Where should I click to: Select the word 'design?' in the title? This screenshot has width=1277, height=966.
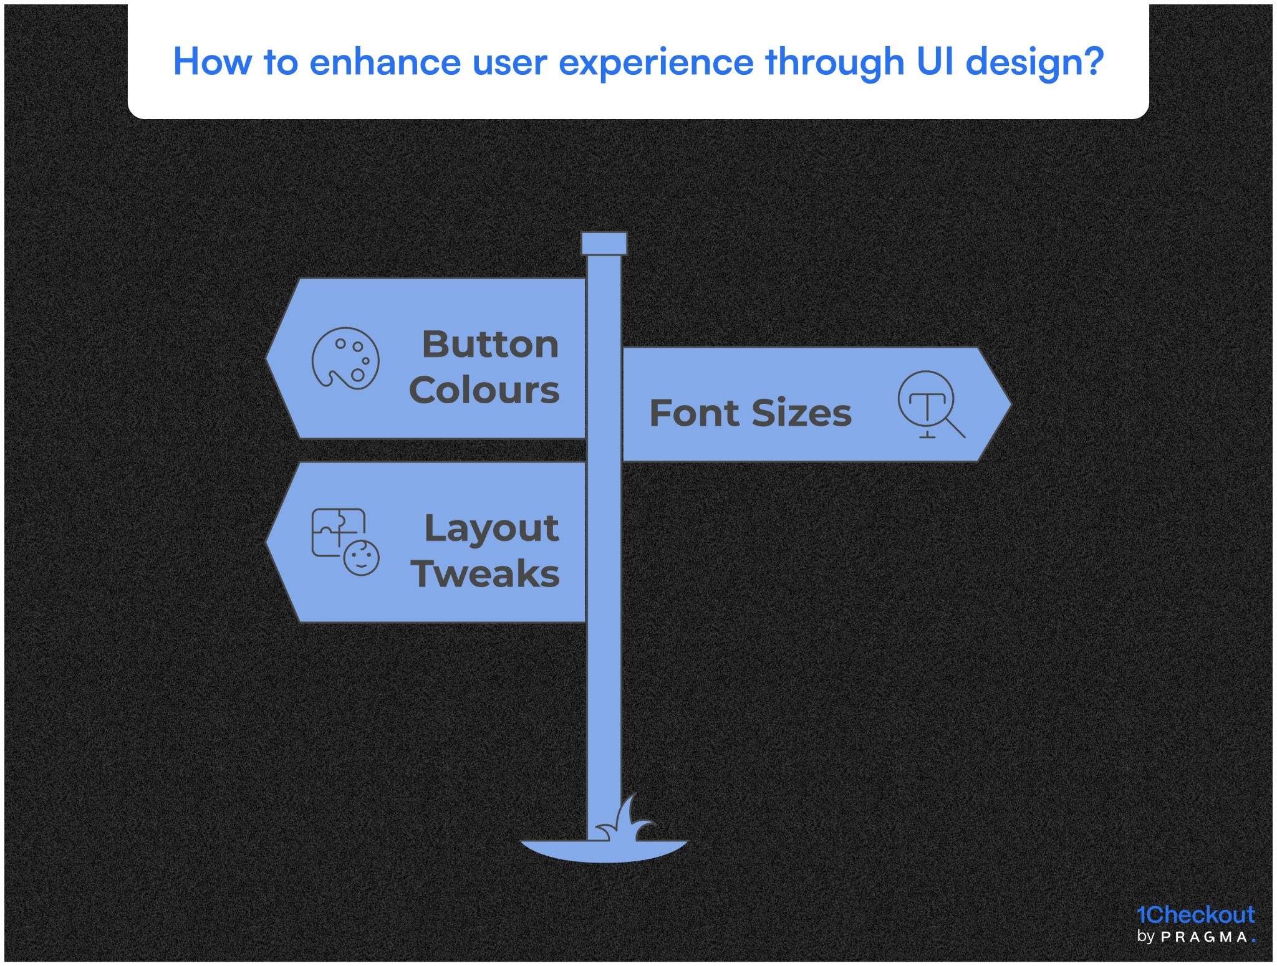[x=1034, y=63]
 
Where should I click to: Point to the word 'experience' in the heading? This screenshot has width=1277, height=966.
[x=655, y=63]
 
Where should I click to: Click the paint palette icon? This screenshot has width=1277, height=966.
[x=345, y=358]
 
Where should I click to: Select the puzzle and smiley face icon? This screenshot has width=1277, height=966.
[x=345, y=541]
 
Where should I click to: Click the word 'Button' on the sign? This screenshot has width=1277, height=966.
[x=490, y=344]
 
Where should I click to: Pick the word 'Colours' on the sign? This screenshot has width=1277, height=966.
[x=484, y=390]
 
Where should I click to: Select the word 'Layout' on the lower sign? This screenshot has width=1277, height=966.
[x=491, y=529]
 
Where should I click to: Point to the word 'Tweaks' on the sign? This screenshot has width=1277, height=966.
[x=485, y=573]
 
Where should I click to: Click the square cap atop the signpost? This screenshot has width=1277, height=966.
[x=604, y=244]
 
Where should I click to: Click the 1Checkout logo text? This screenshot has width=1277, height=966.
[x=1195, y=914]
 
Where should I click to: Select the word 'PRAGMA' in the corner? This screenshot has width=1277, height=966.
[x=1204, y=937]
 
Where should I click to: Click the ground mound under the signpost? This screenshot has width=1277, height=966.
[x=604, y=851]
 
